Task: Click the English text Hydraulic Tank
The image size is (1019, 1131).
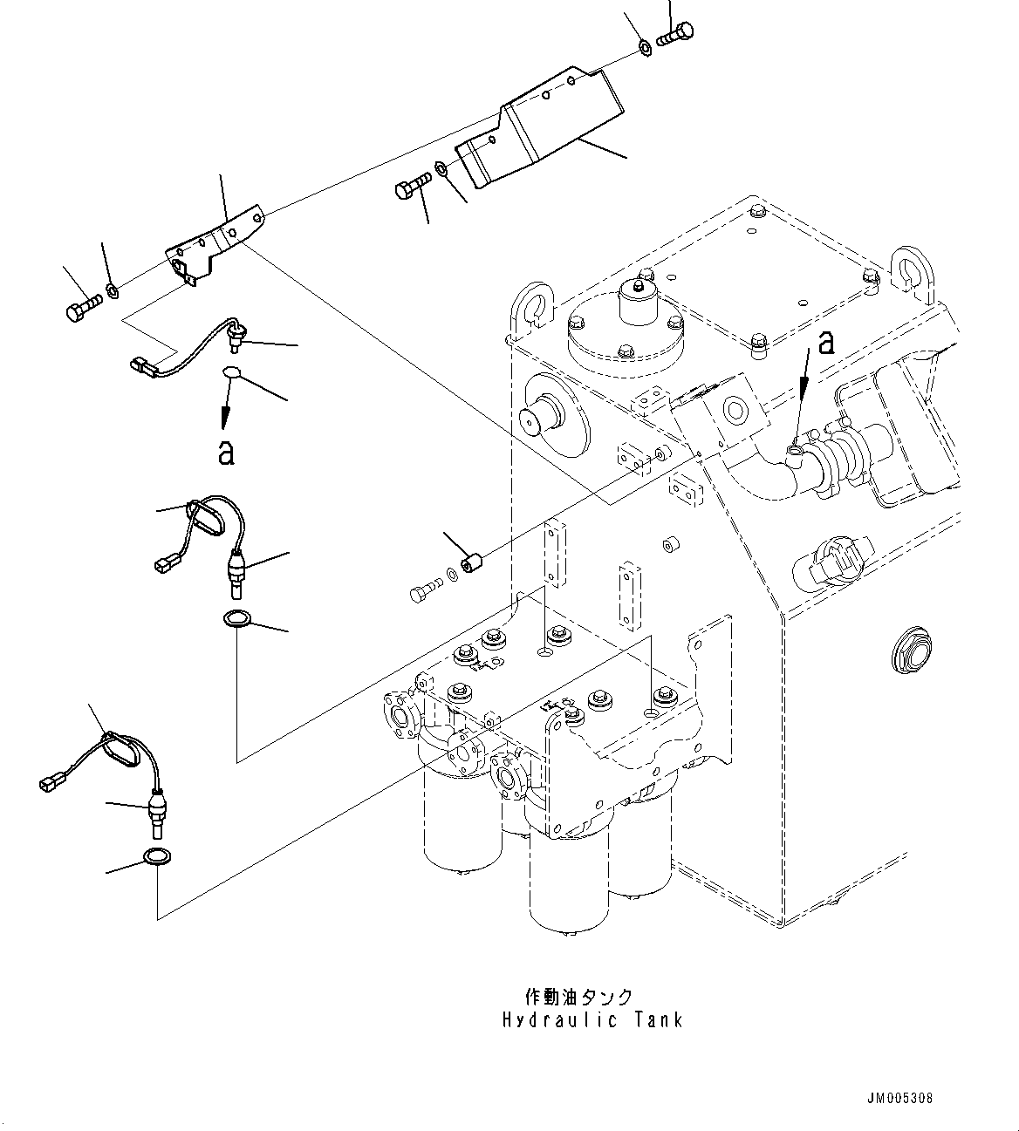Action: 592,1019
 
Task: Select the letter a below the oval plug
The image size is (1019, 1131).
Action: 226,452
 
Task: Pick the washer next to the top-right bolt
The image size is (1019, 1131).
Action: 644,47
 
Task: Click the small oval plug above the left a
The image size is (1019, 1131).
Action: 231,375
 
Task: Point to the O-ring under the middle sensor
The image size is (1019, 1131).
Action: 236,620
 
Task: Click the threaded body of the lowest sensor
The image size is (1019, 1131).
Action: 158,808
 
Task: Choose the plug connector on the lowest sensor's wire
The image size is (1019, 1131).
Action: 51,782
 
